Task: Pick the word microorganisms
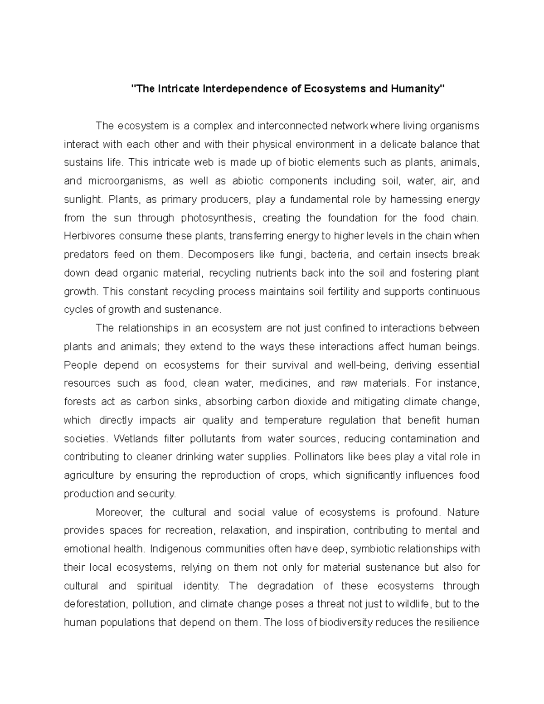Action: point(119,181)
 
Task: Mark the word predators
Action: point(86,255)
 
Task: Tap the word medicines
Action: point(285,384)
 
